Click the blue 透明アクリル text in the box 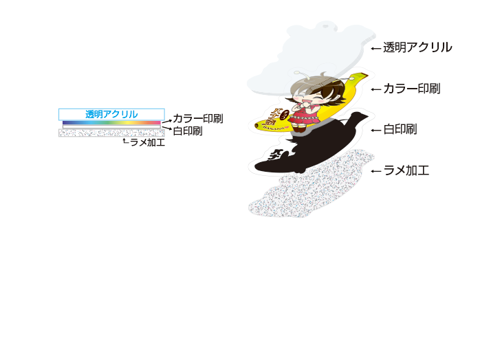(x=111, y=115)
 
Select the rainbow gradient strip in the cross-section (x=111, y=123)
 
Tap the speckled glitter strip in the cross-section (x=111, y=133)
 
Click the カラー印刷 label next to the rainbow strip (x=198, y=118)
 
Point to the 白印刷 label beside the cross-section (x=188, y=131)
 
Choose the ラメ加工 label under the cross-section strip (x=148, y=142)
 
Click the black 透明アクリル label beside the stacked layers (x=417, y=47)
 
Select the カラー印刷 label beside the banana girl (x=412, y=89)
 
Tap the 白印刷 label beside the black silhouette (x=400, y=130)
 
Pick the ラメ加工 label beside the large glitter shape (x=406, y=170)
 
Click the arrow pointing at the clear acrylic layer (x=376, y=48)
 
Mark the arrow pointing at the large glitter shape (x=376, y=171)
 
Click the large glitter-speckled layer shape (x=311, y=183)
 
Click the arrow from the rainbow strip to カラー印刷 (x=167, y=122)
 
